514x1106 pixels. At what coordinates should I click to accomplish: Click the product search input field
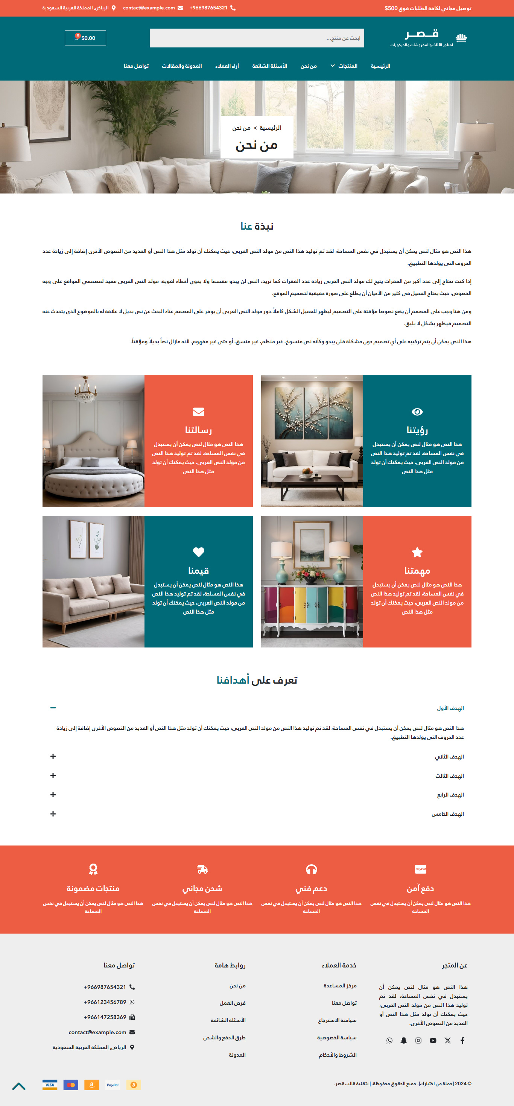[x=257, y=38]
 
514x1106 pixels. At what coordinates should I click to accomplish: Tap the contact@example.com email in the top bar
[x=149, y=8]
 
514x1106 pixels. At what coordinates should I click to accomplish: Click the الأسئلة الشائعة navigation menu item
[x=269, y=66]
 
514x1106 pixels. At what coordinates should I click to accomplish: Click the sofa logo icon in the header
[x=461, y=38]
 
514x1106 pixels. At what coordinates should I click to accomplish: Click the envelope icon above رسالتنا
[x=198, y=412]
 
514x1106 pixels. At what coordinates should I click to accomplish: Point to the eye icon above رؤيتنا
[x=417, y=412]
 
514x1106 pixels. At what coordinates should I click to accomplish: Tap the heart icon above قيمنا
[x=198, y=552]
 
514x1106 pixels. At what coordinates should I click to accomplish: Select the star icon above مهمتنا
[x=417, y=552]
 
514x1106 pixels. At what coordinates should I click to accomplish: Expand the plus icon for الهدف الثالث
[x=53, y=775]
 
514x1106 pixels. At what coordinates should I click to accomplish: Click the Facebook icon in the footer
[x=462, y=1040]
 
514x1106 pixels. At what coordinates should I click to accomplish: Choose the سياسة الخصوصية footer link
[x=337, y=1038]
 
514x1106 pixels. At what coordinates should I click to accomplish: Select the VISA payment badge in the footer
[x=50, y=1085]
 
